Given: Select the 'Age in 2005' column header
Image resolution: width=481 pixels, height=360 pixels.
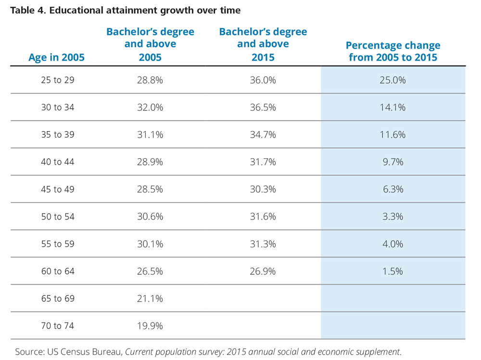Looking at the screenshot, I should (x=56, y=57).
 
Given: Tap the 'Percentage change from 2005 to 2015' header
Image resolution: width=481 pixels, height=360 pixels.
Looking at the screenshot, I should (x=392, y=51).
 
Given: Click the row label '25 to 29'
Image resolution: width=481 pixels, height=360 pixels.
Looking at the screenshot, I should (x=58, y=80).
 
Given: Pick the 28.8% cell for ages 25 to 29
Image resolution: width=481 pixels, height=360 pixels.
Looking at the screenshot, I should (x=150, y=80).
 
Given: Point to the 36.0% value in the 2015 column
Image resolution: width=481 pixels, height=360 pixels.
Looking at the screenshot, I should (x=263, y=80).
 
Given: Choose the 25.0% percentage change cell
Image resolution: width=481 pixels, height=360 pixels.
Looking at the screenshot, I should (x=392, y=80).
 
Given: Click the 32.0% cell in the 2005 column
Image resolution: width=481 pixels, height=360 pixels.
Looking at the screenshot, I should (x=150, y=107).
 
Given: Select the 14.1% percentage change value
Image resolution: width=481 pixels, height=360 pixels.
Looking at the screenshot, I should (x=392, y=107).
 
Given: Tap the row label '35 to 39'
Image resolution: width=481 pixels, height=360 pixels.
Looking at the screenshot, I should (x=58, y=135).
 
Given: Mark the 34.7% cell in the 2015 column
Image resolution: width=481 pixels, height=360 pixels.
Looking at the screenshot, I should (x=263, y=135).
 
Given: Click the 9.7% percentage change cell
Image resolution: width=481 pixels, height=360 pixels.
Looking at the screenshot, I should (x=392, y=162).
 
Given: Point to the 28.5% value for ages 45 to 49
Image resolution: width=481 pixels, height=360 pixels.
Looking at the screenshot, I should (x=150, y=189).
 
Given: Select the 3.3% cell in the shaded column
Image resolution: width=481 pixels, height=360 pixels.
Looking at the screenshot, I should (x=392, y=217).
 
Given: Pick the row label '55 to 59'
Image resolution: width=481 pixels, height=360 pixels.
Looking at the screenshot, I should (x=58, y=244).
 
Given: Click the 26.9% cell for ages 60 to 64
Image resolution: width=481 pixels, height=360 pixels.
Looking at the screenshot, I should (x=263, y=271).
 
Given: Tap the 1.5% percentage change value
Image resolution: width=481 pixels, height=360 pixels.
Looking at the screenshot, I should (x=392, y=271).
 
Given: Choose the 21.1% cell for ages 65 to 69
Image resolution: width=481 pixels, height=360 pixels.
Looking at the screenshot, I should (x=150, y=298).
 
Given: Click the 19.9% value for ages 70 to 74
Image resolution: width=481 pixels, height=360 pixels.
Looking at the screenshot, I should (x=150, y=326).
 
